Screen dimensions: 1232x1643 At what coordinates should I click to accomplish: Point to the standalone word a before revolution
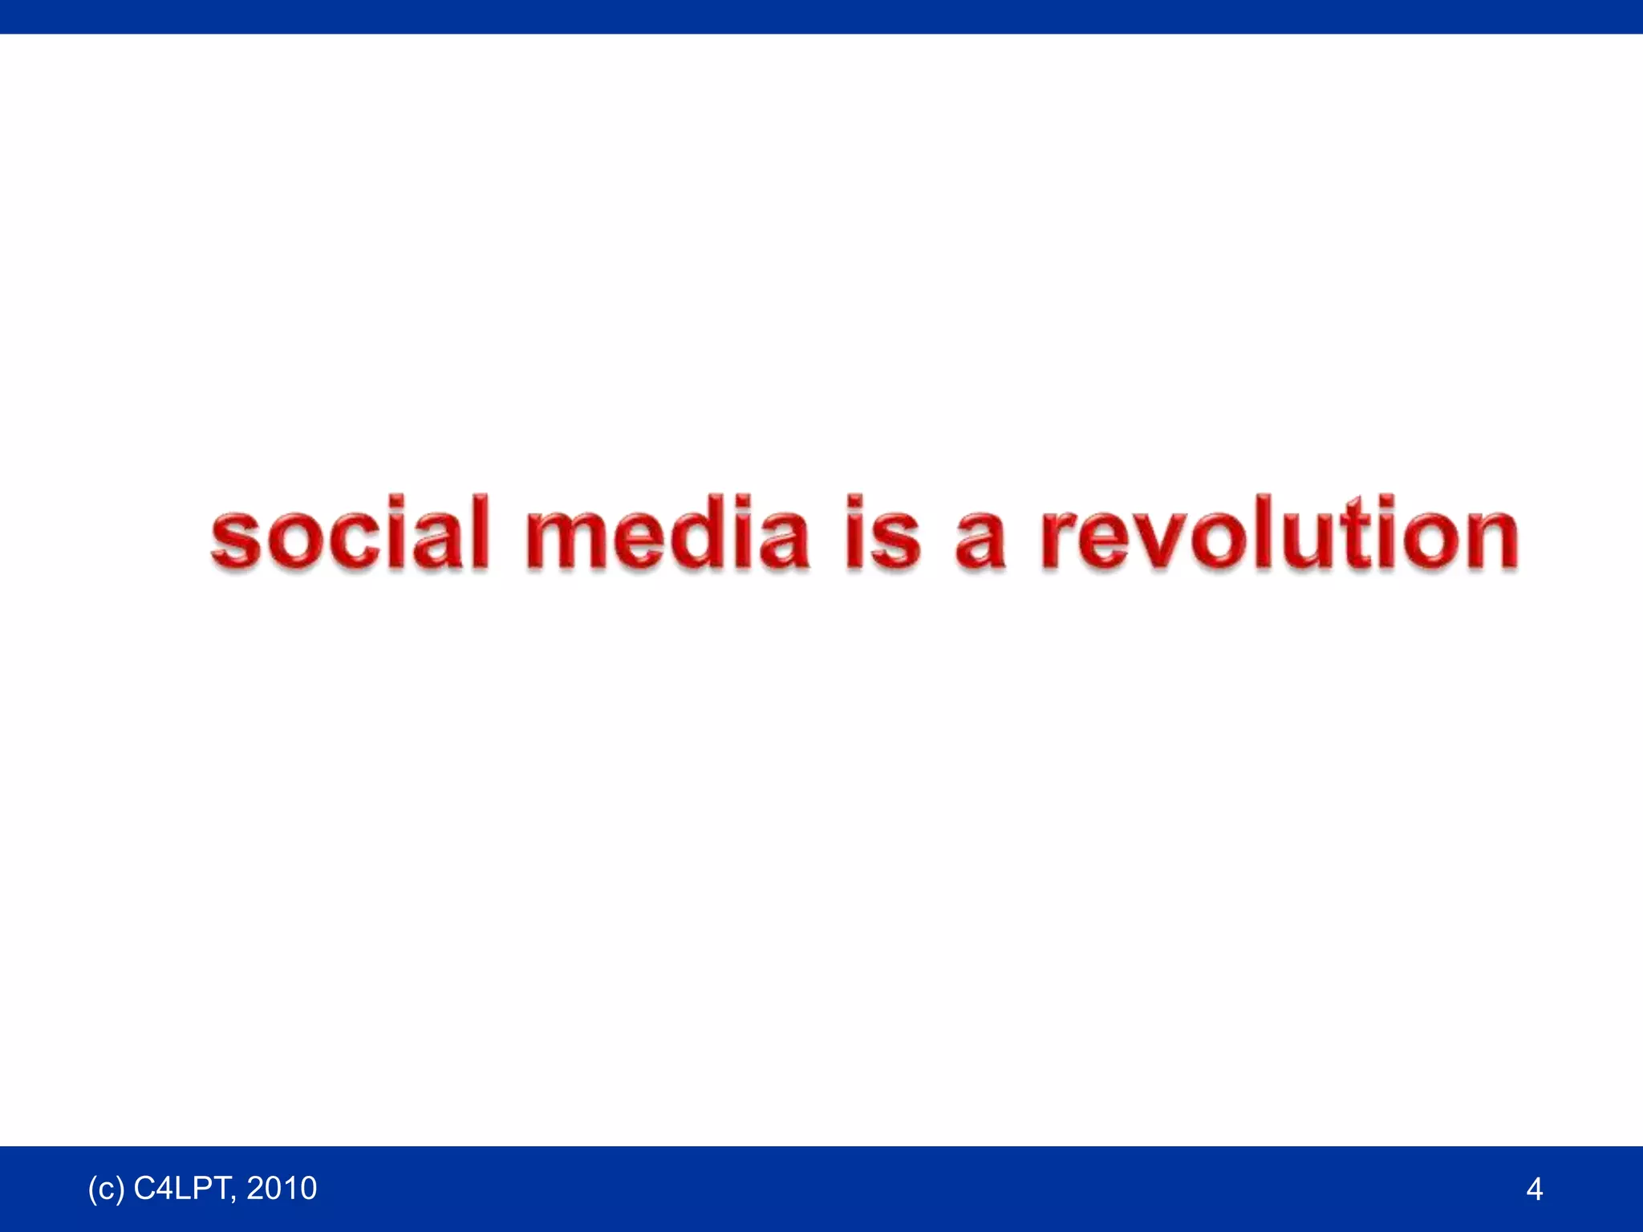click(980, 537)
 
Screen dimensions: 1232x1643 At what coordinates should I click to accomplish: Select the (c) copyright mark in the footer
click(106, 1188)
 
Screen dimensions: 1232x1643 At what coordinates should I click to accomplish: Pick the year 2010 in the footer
click(282, 1188)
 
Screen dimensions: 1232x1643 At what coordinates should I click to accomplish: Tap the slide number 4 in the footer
click(1534, 1189)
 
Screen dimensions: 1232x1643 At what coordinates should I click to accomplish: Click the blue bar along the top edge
click(821, 16)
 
